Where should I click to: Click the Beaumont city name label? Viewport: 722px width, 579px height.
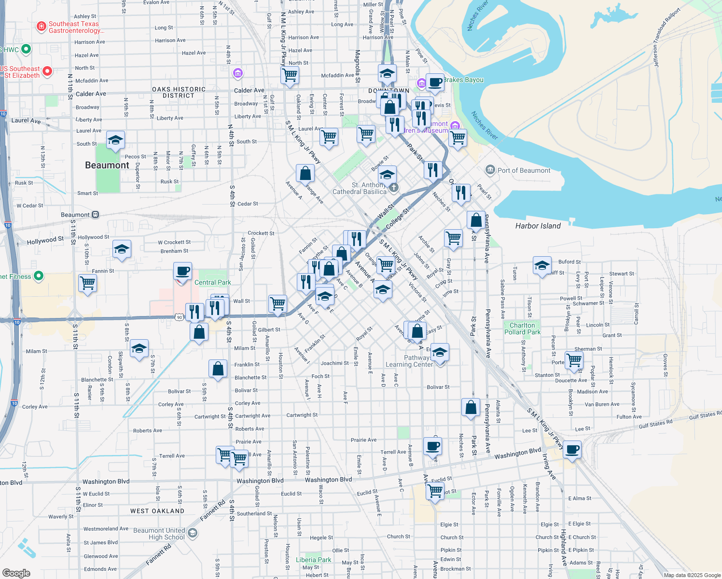pos(107,165)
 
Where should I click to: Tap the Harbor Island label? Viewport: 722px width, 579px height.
pos(538,226)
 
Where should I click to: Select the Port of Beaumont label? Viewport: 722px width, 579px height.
pos(524,170)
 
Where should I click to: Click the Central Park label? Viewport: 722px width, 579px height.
pos(212,282)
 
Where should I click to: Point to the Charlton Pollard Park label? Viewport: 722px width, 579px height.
pos(522,329)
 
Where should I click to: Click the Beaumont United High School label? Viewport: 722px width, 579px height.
pos(159,534)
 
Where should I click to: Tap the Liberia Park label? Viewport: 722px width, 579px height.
pos(313,560)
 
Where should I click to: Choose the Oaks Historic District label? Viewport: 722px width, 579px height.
pos(179,92)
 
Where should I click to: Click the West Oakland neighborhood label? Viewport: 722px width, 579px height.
pos(157,511)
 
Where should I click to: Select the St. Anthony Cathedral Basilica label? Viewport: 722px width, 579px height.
pos(360,188)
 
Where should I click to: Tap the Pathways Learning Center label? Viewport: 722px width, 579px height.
pos(409,361)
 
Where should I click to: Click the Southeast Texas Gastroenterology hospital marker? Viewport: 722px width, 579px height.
pos(42,26)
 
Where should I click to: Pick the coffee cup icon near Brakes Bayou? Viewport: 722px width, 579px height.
pos(434,82)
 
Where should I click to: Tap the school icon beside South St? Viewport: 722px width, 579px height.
pos(115,140)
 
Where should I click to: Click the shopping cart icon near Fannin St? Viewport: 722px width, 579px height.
pos(87,283)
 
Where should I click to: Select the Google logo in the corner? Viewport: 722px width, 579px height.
pos(16,573)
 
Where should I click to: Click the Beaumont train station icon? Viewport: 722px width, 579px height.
pos(95,215)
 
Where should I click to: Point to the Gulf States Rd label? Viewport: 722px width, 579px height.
pos(655,424)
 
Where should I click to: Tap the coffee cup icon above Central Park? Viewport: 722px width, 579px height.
pos(182,271)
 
